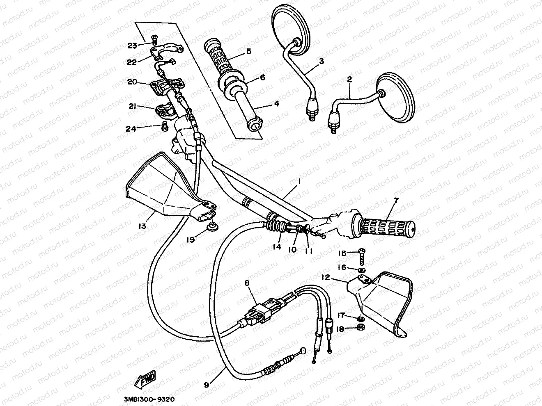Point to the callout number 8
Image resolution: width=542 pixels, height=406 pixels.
click(x=247, y=283)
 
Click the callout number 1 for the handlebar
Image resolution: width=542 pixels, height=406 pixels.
click(x=300, y=181)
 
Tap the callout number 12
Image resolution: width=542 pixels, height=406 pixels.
click(x=326, y=278)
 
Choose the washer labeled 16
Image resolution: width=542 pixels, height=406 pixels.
click(x=361, y=270)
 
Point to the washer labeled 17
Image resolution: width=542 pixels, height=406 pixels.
click(x=361, y=319)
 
